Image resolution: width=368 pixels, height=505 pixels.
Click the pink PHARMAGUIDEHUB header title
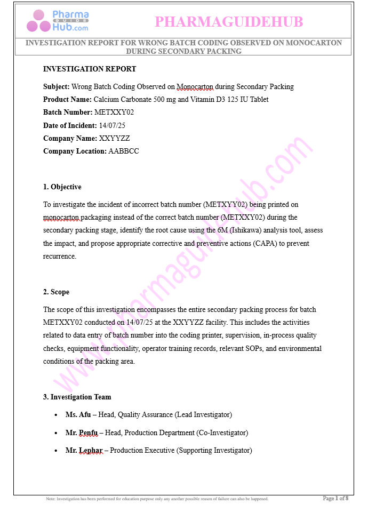(x=228, y=22)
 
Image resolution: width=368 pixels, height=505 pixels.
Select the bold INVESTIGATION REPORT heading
(x=90, y=69)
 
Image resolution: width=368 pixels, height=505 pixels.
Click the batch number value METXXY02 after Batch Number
(x=114, y=113)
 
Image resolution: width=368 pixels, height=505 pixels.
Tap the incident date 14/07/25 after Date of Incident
(x=113, y=125)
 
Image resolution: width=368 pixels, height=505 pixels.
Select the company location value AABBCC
(x=124, y=151)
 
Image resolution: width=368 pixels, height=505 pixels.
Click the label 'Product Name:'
(x=67, y=99)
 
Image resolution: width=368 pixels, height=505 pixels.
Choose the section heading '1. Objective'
(x=62, y=187)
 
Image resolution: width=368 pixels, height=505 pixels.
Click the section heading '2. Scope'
(x=56, y=292)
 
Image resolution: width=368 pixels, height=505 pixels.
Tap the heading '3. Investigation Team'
(x=77, y=397)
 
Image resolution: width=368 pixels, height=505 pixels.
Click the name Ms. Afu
(x=78, y=414)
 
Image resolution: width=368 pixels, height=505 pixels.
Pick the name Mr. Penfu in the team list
(x=82, y=432)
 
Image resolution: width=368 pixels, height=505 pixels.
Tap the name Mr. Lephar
(x=84, y=451)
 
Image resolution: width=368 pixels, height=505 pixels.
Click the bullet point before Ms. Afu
(x=57, y=415)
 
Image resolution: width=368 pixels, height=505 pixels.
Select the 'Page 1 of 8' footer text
(x=336, y=498)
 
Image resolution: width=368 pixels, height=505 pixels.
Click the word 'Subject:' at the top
(x=56, y=86)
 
